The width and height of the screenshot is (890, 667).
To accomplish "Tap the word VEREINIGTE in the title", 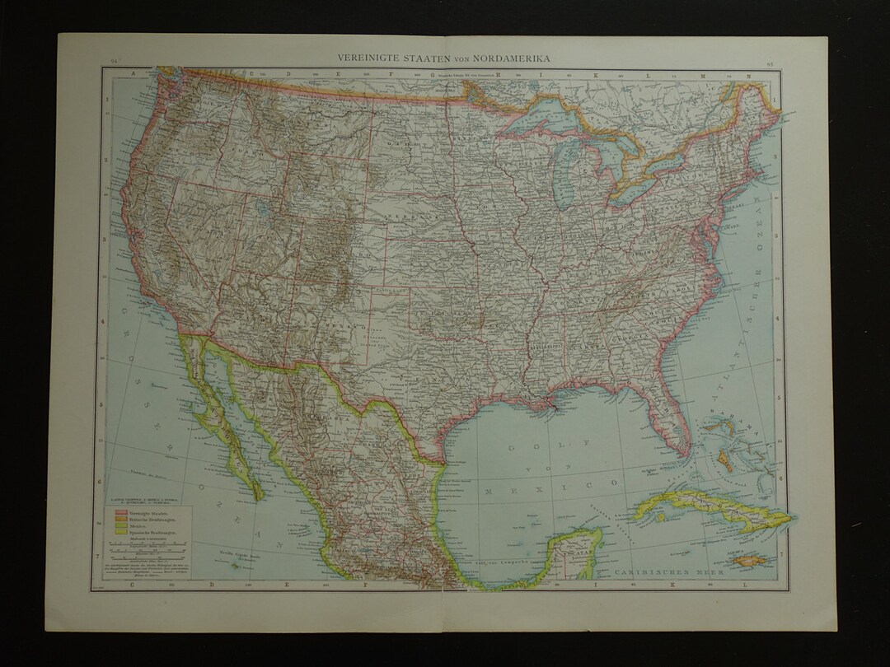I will pyautogui.click(x=368, y=58).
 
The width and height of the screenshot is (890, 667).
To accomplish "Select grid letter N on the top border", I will pyautogui.click(x=750, y=75).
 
